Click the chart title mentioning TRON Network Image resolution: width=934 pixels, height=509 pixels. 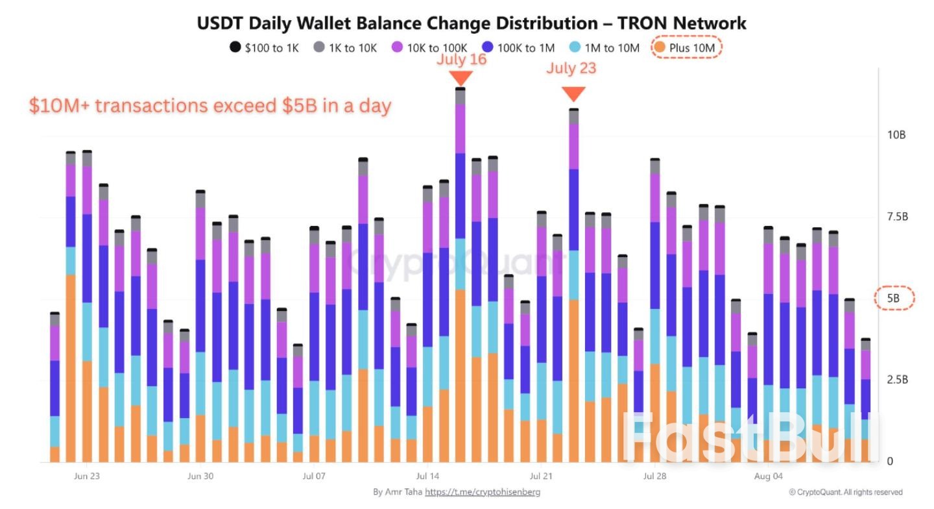pyautogui.click(x=472, y=23)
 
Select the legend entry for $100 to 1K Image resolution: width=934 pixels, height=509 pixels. pyautogui.click(x=264, y=48)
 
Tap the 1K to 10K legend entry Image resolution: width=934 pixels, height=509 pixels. pyautogui.click(x=345, y=48)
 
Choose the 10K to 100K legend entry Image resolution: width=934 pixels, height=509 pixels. pyautogui.click(x=429, y=48)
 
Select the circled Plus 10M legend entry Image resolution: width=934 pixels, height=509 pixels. pyautogui.click(x=686, y=48)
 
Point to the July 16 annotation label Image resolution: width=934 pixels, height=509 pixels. pyautogui.click(x=461, y=60)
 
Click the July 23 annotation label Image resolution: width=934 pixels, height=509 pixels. pyautogui.click(x=571, y=68)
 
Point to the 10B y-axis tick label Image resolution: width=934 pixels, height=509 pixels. pyautogui.click(x=896, y=135)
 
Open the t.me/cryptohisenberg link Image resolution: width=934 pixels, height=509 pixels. pyautogui.click(x=483, y=492)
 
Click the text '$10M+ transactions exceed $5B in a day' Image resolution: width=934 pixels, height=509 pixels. pyautogui.click(x=210, y=106)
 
